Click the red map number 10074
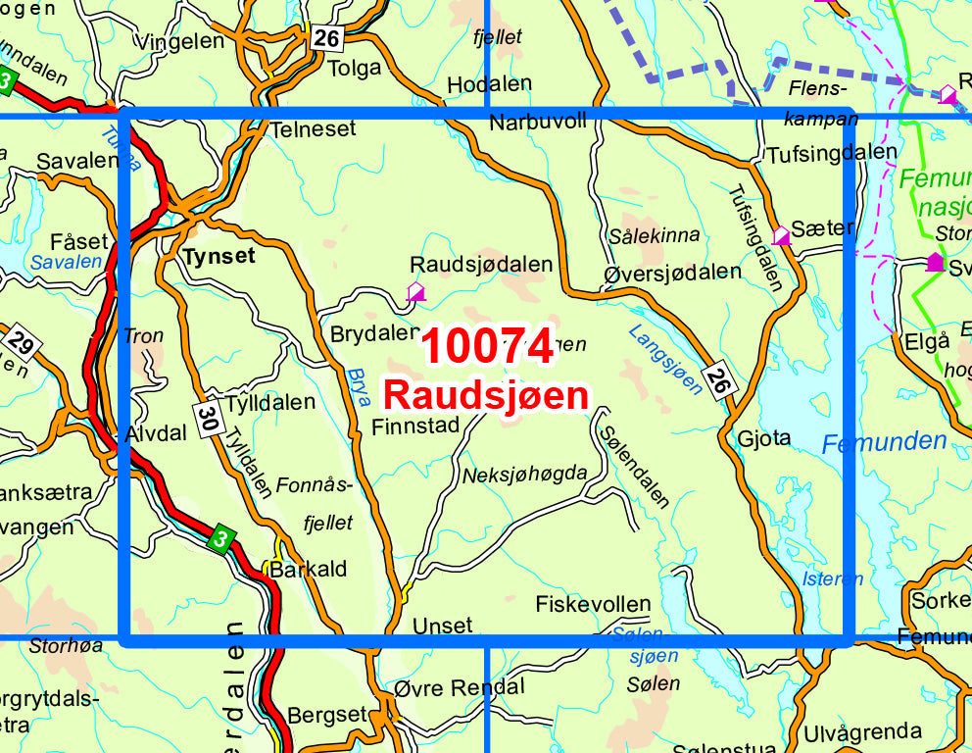coord(487,348)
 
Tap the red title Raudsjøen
coord(486,395)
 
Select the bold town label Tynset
coord(218,257)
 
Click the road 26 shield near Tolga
coord(328,38)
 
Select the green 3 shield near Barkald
coord(221,537)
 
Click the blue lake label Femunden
coord(884,442)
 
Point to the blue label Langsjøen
coord(666,359)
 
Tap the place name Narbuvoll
coord(538,121)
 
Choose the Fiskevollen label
coord(593,604)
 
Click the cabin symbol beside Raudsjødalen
coord(415,291)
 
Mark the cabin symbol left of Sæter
coord(781,235)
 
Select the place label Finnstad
coord(415,426)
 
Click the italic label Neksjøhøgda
coord(524,475)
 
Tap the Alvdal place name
coord(156,433)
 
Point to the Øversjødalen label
coord(672,272)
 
